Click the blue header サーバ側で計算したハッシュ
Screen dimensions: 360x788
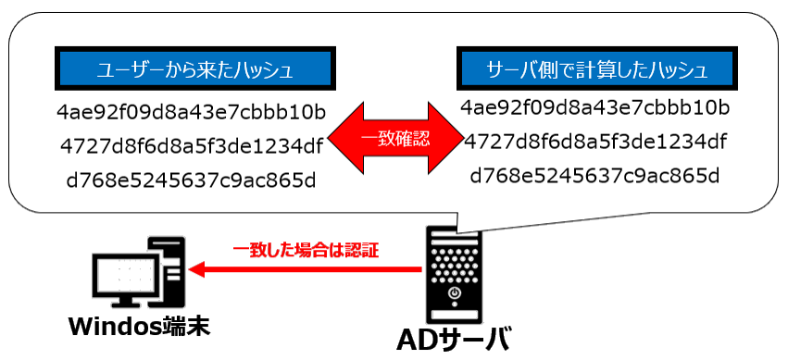click(x=597, y=70)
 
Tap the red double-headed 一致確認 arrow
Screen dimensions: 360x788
click(x=393, y=141)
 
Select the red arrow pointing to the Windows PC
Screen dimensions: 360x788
click(x=306, y=270)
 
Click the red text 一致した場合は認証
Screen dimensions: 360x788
click(x=306, y=250)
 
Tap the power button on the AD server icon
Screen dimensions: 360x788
click(x=454, y=295)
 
